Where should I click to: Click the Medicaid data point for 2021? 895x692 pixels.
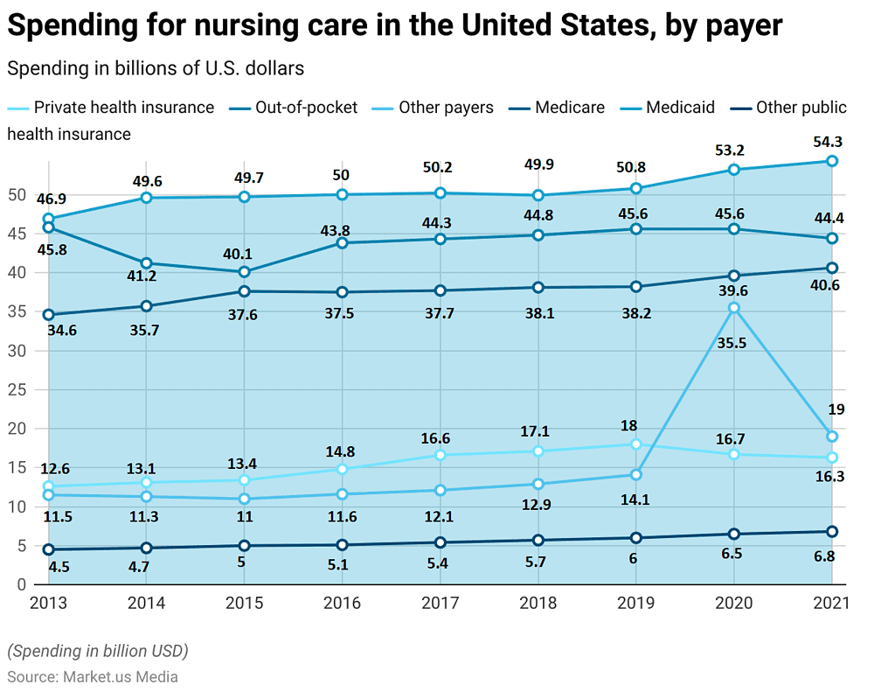[832, 161]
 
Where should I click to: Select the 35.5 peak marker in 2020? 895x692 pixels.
[734, 308]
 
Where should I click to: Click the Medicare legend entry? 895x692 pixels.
[569, 108]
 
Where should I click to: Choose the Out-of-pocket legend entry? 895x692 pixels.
[306, 108]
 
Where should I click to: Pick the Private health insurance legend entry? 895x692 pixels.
[123, 108]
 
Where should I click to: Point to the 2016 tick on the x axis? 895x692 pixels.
[343, 603]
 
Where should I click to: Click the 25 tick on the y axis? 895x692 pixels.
[17, 389]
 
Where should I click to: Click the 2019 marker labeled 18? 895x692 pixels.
[636, 444]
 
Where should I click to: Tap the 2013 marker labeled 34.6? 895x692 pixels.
[49, 315]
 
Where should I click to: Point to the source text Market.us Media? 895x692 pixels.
[121, 676]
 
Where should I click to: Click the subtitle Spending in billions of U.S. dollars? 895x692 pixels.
[156, 67]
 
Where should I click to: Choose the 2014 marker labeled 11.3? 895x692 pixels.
[147, 496]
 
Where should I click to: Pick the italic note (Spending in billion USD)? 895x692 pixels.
[98, 651]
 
